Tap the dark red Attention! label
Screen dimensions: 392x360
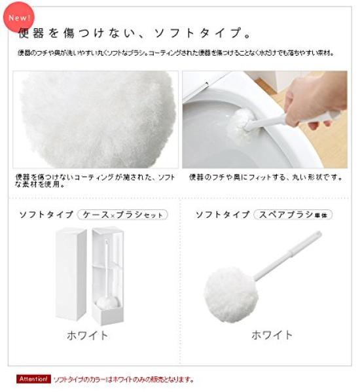[33, 379]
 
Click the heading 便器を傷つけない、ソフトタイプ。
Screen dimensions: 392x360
[135, 33]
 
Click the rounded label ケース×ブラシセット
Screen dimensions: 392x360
[122, 214]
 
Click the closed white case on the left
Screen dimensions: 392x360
[70, 273]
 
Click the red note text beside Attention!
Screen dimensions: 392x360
[124, 379]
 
